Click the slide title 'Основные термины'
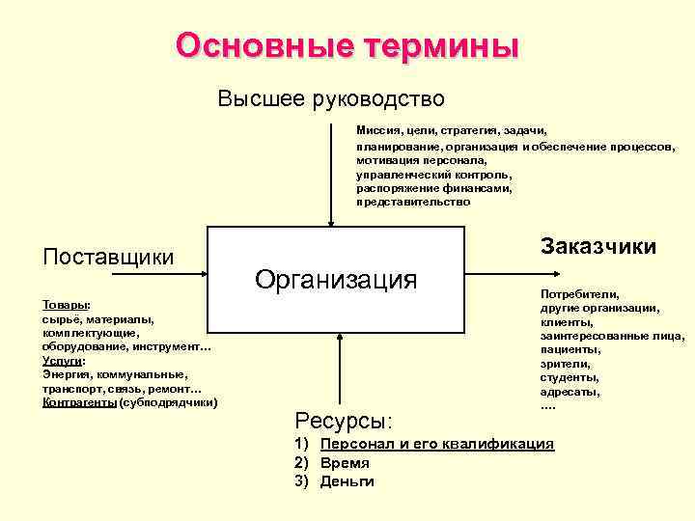[x=347, y=45]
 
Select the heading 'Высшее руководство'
[x=331, y=99]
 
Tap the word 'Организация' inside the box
[x=336, y=280]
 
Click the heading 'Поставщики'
[x=109, y=257]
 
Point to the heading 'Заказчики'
[x=598, y=246]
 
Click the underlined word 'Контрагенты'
[x=80, y=402]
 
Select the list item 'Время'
[x=345, y=463]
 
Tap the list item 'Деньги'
[x=347, y=481]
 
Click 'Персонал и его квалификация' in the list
[x=437, y=444]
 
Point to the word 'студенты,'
[x=570, y=377]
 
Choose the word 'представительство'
[x=413, y=203]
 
